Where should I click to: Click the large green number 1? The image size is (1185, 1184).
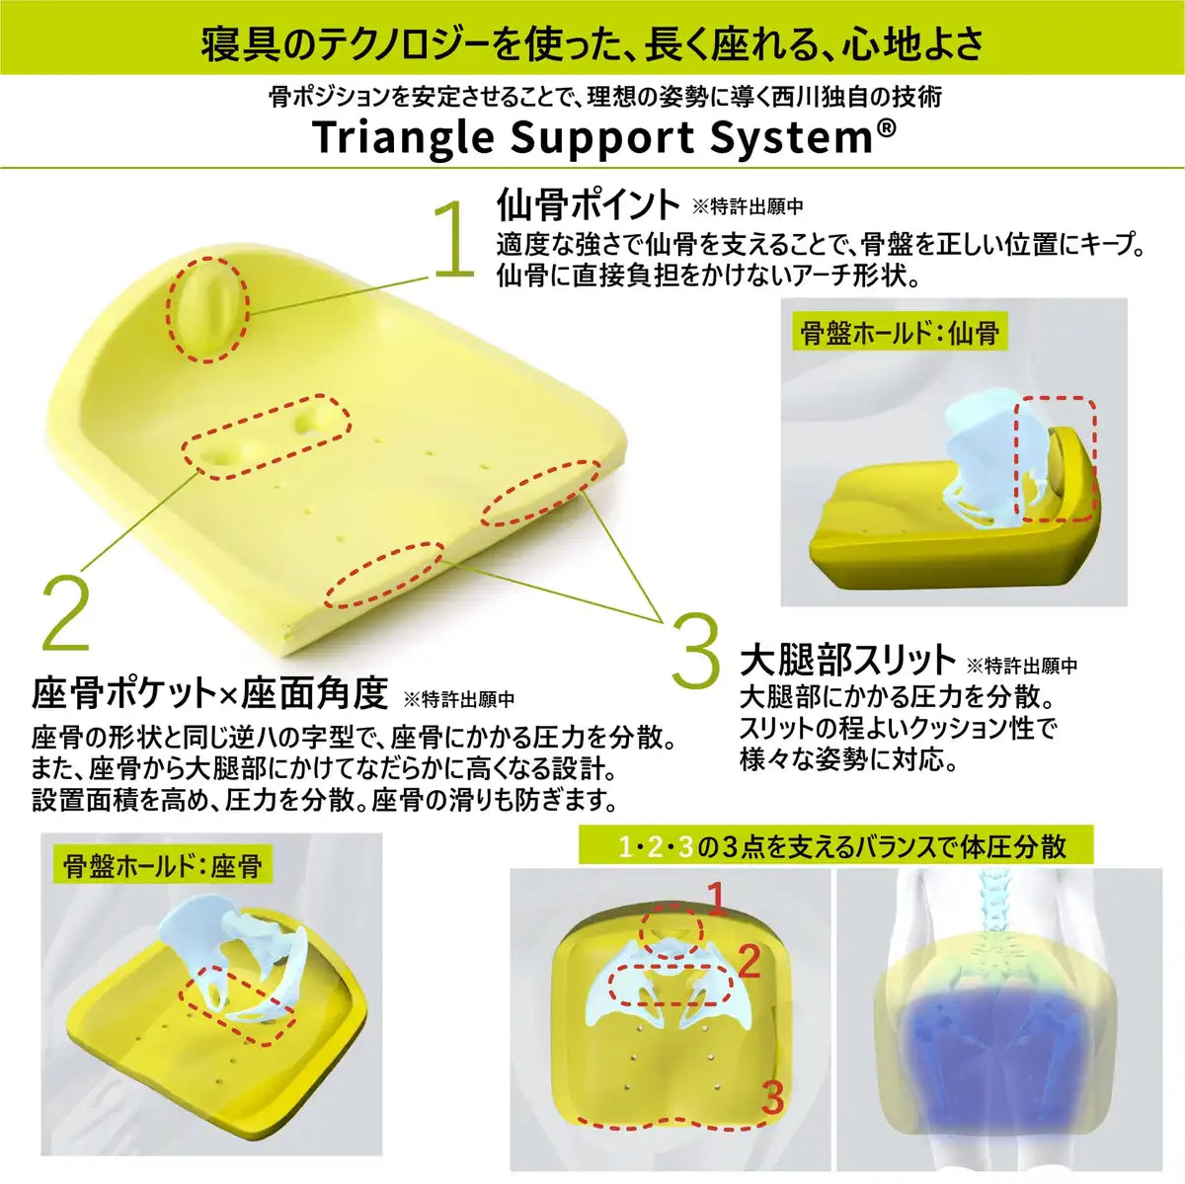coord(454,239)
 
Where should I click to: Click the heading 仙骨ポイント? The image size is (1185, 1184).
coord(588,205)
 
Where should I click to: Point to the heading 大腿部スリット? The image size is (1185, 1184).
coord(847,661)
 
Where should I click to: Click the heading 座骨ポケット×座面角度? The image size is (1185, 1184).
coord(209,693)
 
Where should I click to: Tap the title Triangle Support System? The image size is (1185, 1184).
coord(592,138)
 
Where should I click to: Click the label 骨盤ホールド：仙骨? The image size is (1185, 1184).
coord(900,333)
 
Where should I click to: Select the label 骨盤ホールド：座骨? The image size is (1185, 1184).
coord(163,866)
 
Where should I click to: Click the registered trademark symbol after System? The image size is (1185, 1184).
coord(887,129)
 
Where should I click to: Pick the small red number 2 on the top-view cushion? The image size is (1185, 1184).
coord(750,962)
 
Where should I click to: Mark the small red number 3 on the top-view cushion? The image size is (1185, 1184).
coord(773,1096)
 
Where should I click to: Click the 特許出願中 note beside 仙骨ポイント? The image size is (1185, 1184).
coord(748,207)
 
